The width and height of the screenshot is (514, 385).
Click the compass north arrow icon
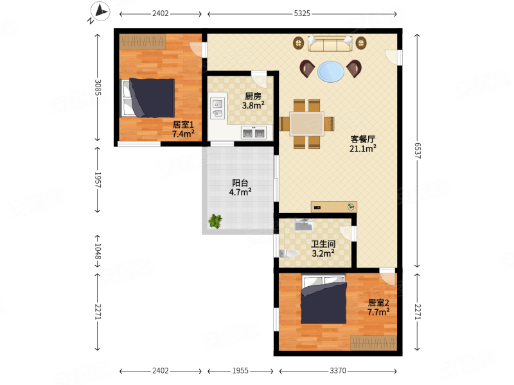[100, 12]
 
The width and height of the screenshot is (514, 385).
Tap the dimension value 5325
[302, 13]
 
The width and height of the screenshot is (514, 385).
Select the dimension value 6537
[417, 151]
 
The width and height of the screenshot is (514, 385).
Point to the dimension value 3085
[98, 87]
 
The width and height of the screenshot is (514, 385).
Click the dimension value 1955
[240, 371]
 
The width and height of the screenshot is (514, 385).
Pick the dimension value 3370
[338, 371]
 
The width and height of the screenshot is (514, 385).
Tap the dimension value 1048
[98, 251]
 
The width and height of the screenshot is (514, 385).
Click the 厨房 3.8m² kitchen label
[253, 101]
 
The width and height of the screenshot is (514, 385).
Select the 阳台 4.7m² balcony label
[240, 187]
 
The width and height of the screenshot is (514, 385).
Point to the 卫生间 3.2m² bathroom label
[323, 249]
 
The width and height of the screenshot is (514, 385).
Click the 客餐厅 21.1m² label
[362, 144]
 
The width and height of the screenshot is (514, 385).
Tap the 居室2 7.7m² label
[378, 307]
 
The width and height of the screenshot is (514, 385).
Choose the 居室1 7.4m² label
[183, 130]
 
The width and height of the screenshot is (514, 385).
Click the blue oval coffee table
[331, 71]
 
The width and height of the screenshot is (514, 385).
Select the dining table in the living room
[307, 123]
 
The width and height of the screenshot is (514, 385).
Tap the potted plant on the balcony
[215, 221]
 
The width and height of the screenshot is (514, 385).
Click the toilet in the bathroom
[288, 253]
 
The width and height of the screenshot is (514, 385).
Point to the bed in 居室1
[148, 98]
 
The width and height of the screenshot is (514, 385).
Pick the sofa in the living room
[330, 44]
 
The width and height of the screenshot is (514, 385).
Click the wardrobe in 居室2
[373, 343]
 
